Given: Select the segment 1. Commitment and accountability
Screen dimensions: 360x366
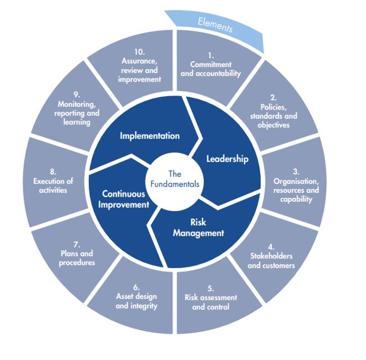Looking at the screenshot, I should click(210, 64).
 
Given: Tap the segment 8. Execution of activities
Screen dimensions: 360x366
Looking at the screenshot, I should click(53, 182).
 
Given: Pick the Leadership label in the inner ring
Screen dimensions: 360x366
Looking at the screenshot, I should click(228, 160).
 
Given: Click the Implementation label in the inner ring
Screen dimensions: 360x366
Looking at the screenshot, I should click(150, 135).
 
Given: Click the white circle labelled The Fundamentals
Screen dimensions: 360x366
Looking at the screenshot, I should click(175, 179).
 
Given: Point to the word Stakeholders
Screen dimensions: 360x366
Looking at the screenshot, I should click(271, 256).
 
